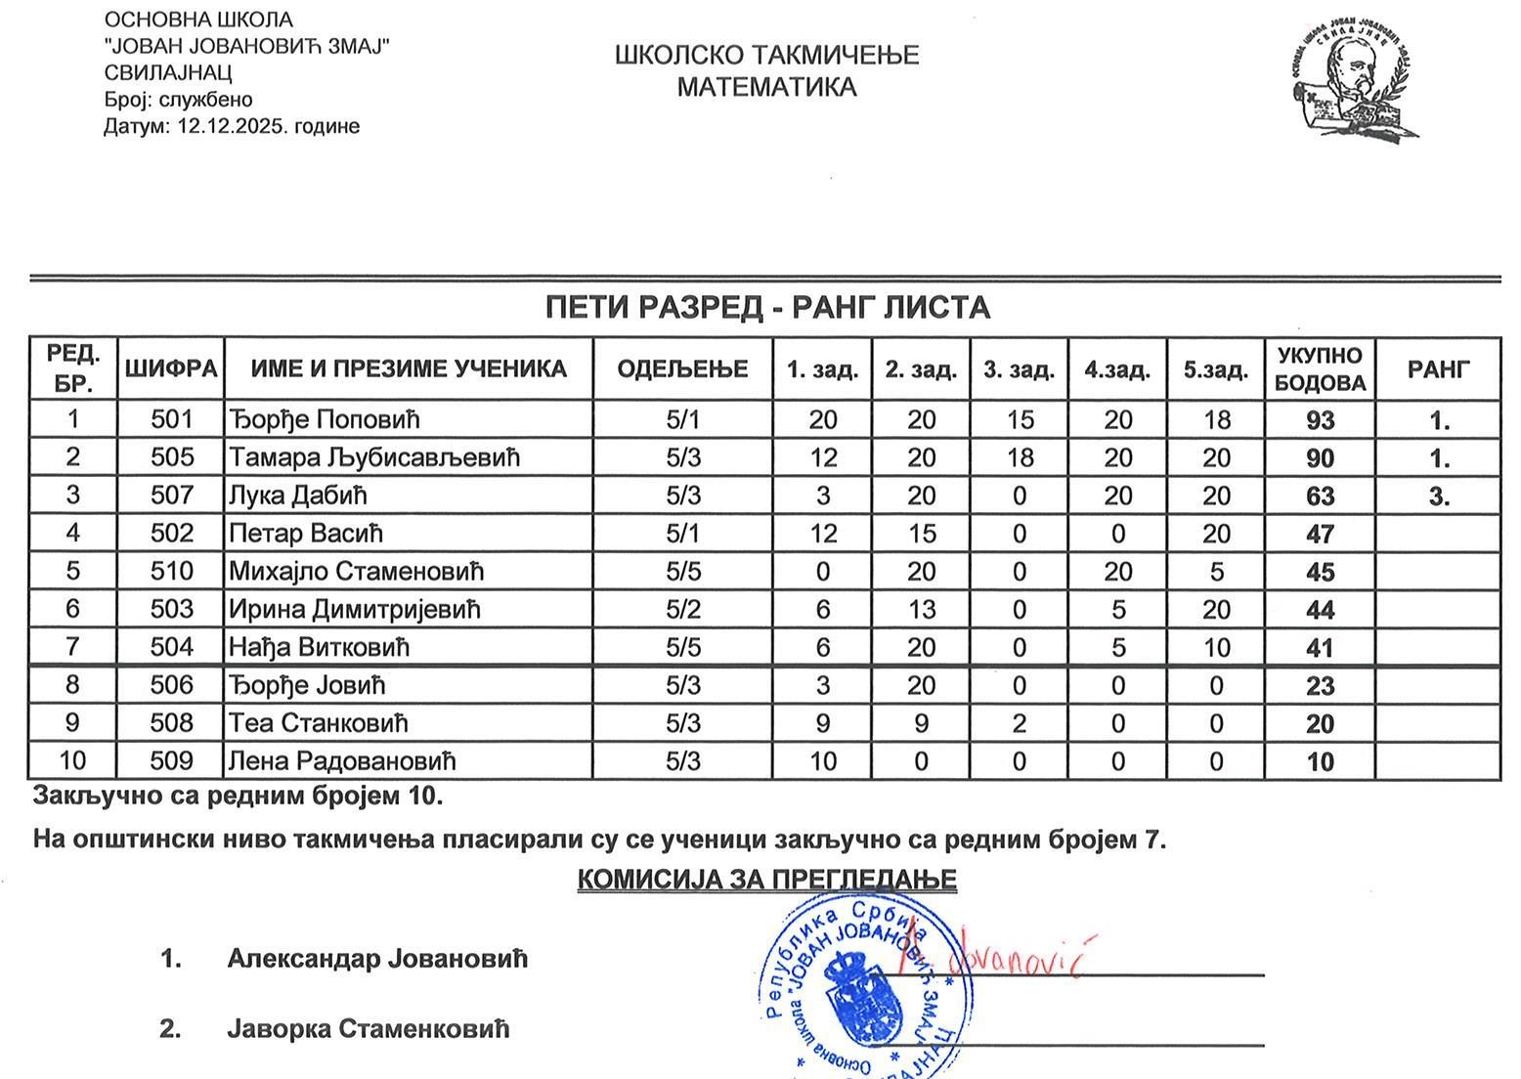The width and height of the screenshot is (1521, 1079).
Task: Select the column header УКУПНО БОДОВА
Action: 1320,368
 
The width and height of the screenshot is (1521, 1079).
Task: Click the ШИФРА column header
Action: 170,368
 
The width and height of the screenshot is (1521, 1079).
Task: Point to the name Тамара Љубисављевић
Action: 373,457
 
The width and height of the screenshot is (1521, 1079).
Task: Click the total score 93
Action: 1320,420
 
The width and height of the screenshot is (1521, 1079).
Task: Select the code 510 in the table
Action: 172,571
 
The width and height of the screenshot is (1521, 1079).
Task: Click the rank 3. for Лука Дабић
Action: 1439,496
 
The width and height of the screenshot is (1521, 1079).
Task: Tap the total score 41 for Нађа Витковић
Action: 1320,647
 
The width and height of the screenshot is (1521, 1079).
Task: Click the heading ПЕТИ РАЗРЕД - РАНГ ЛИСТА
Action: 767,308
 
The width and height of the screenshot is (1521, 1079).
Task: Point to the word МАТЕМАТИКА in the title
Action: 766,87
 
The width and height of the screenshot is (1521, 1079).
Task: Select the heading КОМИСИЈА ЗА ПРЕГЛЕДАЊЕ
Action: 766,879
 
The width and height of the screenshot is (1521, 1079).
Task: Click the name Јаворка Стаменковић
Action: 369,1028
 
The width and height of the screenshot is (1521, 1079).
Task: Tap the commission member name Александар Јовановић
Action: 377,958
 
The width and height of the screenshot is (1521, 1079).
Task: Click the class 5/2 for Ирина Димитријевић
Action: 683,609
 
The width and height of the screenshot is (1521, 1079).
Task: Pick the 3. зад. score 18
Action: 1020,457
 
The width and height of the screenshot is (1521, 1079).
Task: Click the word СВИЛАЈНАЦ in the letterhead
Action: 167,72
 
